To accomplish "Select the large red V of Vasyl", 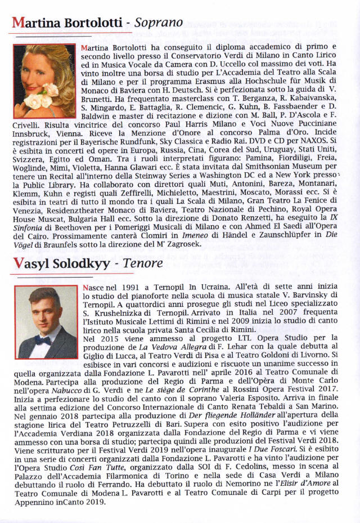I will point(17,263).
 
